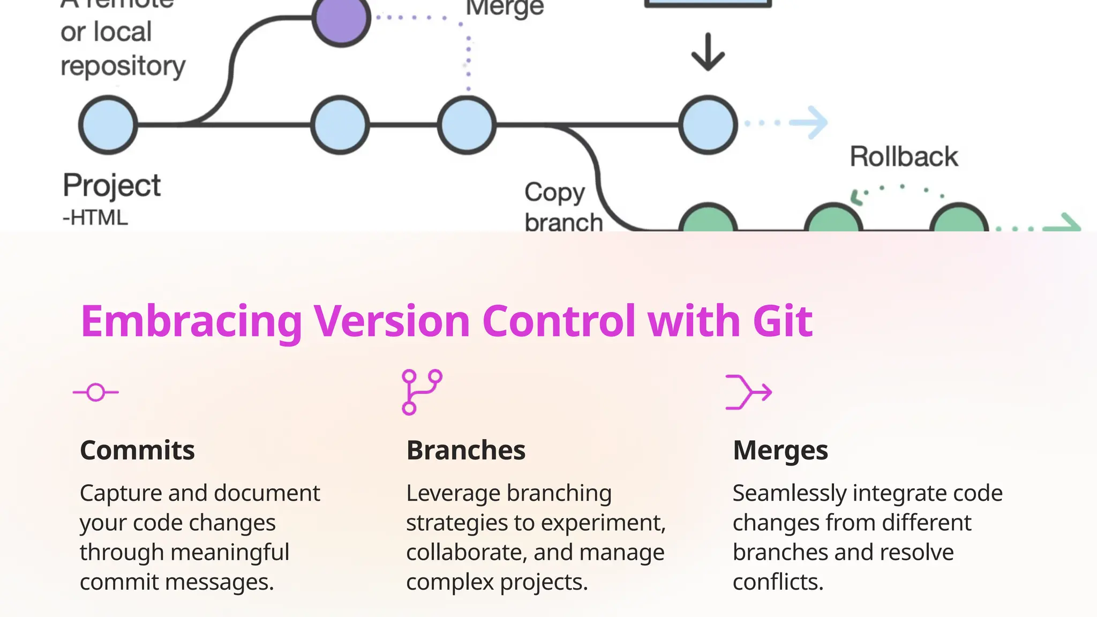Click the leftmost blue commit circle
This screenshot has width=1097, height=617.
(108, 125)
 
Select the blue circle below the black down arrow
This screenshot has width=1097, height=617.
(708, 125)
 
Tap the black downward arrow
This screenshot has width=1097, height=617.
(708, 52)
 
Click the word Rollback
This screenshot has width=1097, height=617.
(904, 157)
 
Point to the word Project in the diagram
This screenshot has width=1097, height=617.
(111, 186)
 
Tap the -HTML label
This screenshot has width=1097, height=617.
(95, 218)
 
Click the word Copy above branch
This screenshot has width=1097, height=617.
(554, 192)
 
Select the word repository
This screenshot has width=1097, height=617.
(123, 66)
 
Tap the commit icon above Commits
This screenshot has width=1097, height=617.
(96, 393)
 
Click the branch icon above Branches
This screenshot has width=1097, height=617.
(422, 392)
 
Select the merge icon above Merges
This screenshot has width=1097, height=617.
(748, 392)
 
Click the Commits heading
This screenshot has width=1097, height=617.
(137, 450)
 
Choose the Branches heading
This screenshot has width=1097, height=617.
(465, 450)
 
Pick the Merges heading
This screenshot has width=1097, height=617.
(780, 450)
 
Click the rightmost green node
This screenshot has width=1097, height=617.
(959, 220)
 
